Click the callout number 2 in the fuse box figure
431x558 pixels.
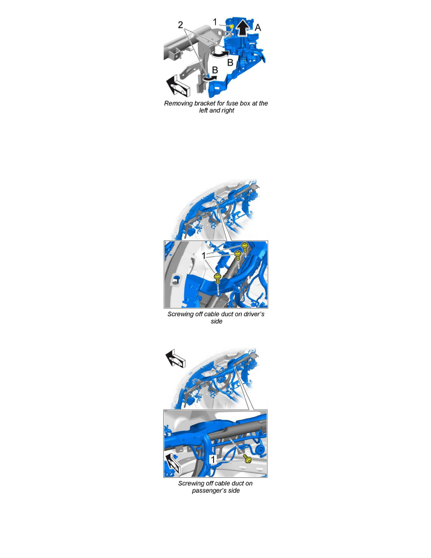(x=180, y=25)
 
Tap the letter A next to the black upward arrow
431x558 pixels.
(x=258, y=27)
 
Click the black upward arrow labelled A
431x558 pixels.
(x=243, y=28)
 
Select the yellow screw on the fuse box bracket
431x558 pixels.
(x=231, y=26)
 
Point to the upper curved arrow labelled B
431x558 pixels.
(x=221, y=54)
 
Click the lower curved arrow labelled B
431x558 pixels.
(x=210, y=78)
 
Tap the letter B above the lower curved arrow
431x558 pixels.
(x=215, y=70)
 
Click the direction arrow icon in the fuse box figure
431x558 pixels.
(x=178, y=86)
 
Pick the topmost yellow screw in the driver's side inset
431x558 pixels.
(x=245, y=246)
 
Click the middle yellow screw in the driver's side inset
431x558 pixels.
(x=238, y=255)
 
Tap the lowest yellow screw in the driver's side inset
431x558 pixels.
(x=218, y=278)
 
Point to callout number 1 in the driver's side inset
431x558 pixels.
(x=204, y=256)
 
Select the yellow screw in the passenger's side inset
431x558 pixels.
(x=247, y=458)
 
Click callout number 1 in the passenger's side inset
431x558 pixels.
(x=213, y=460)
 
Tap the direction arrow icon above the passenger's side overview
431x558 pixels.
(x=175, y=358)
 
